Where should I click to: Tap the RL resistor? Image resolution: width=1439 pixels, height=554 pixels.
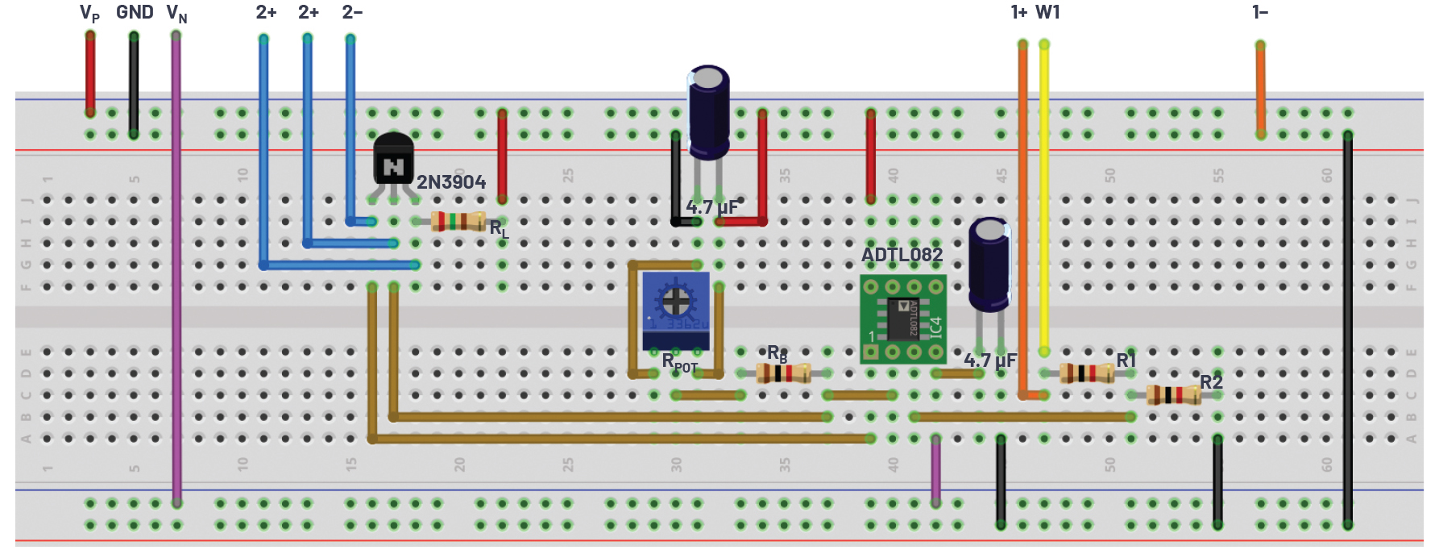[x=458, y=221]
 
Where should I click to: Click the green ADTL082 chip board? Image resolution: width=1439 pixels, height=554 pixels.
[x=902, y=319]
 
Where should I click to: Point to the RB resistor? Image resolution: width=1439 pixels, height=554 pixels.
[x=783, y=373]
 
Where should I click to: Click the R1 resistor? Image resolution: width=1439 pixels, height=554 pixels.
[x=1086, y=373]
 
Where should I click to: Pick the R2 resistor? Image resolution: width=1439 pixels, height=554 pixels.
[x=1173, y=394]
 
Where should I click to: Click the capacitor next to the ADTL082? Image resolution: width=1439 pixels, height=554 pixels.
[x=989, y=265]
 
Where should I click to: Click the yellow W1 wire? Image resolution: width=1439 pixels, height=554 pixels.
[x=1044, y=202]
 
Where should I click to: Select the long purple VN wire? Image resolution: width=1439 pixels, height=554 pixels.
[x=176, y=266]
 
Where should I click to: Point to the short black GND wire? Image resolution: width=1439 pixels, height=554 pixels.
[x=134, y=85]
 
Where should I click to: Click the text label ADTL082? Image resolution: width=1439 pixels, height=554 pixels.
[x=902, y=255]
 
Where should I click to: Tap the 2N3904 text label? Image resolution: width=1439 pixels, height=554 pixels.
[x=451, y=182]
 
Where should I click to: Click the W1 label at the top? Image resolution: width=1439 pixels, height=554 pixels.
[x=1047, y=12]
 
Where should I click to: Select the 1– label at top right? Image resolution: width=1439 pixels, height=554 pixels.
[x=1260, y=12]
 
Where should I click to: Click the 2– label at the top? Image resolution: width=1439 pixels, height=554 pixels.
[x=352, y=12]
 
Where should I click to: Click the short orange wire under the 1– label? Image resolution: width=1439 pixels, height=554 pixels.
[x=1260, y=89]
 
